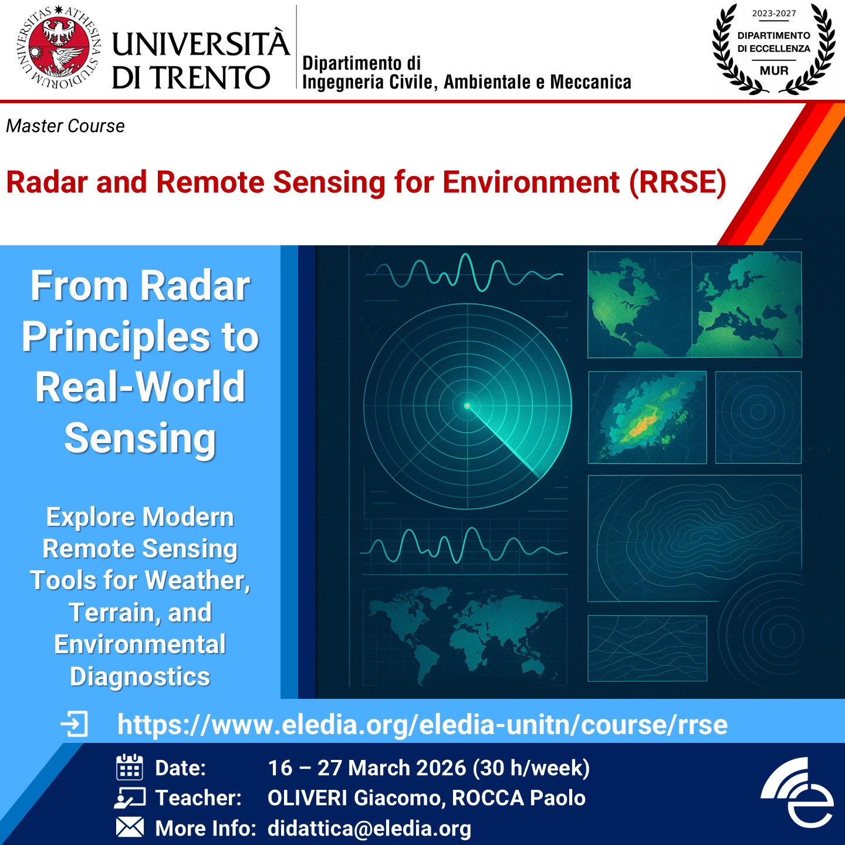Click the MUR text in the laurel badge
tap(774, 70)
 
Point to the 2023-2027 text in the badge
tap(774, 13)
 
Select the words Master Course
tap(65, 126)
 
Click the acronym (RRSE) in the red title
tap(678, 182)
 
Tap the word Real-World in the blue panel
tap(140, 387)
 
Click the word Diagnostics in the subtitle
tap(140, 677)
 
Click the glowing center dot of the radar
tap(468, 405)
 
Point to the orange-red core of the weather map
tap(641, 425)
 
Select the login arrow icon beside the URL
tap(74, 724)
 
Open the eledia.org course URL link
tap(422, 724)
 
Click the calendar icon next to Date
tap(129, 767)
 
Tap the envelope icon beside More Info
tap(130, 827)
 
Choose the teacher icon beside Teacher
tap(129, 798)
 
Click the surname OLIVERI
tap(307, 798)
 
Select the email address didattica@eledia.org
tap(369, 829)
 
